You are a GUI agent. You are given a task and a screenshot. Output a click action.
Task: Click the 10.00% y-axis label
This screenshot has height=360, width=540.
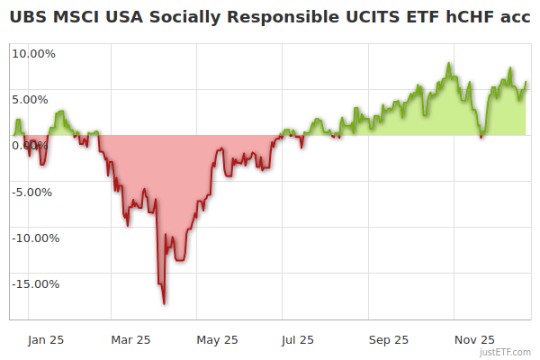click(x=33, y=53)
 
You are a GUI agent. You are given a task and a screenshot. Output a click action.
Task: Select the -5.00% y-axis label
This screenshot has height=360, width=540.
click(x=33, y=192)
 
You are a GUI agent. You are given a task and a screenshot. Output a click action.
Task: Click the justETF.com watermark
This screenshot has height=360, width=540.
click(x=506, y=353)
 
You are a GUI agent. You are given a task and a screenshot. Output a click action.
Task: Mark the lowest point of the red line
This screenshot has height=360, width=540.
click(x=164, y=303)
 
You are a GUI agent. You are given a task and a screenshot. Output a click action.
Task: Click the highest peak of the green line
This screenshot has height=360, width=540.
click(x=448, y=63)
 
